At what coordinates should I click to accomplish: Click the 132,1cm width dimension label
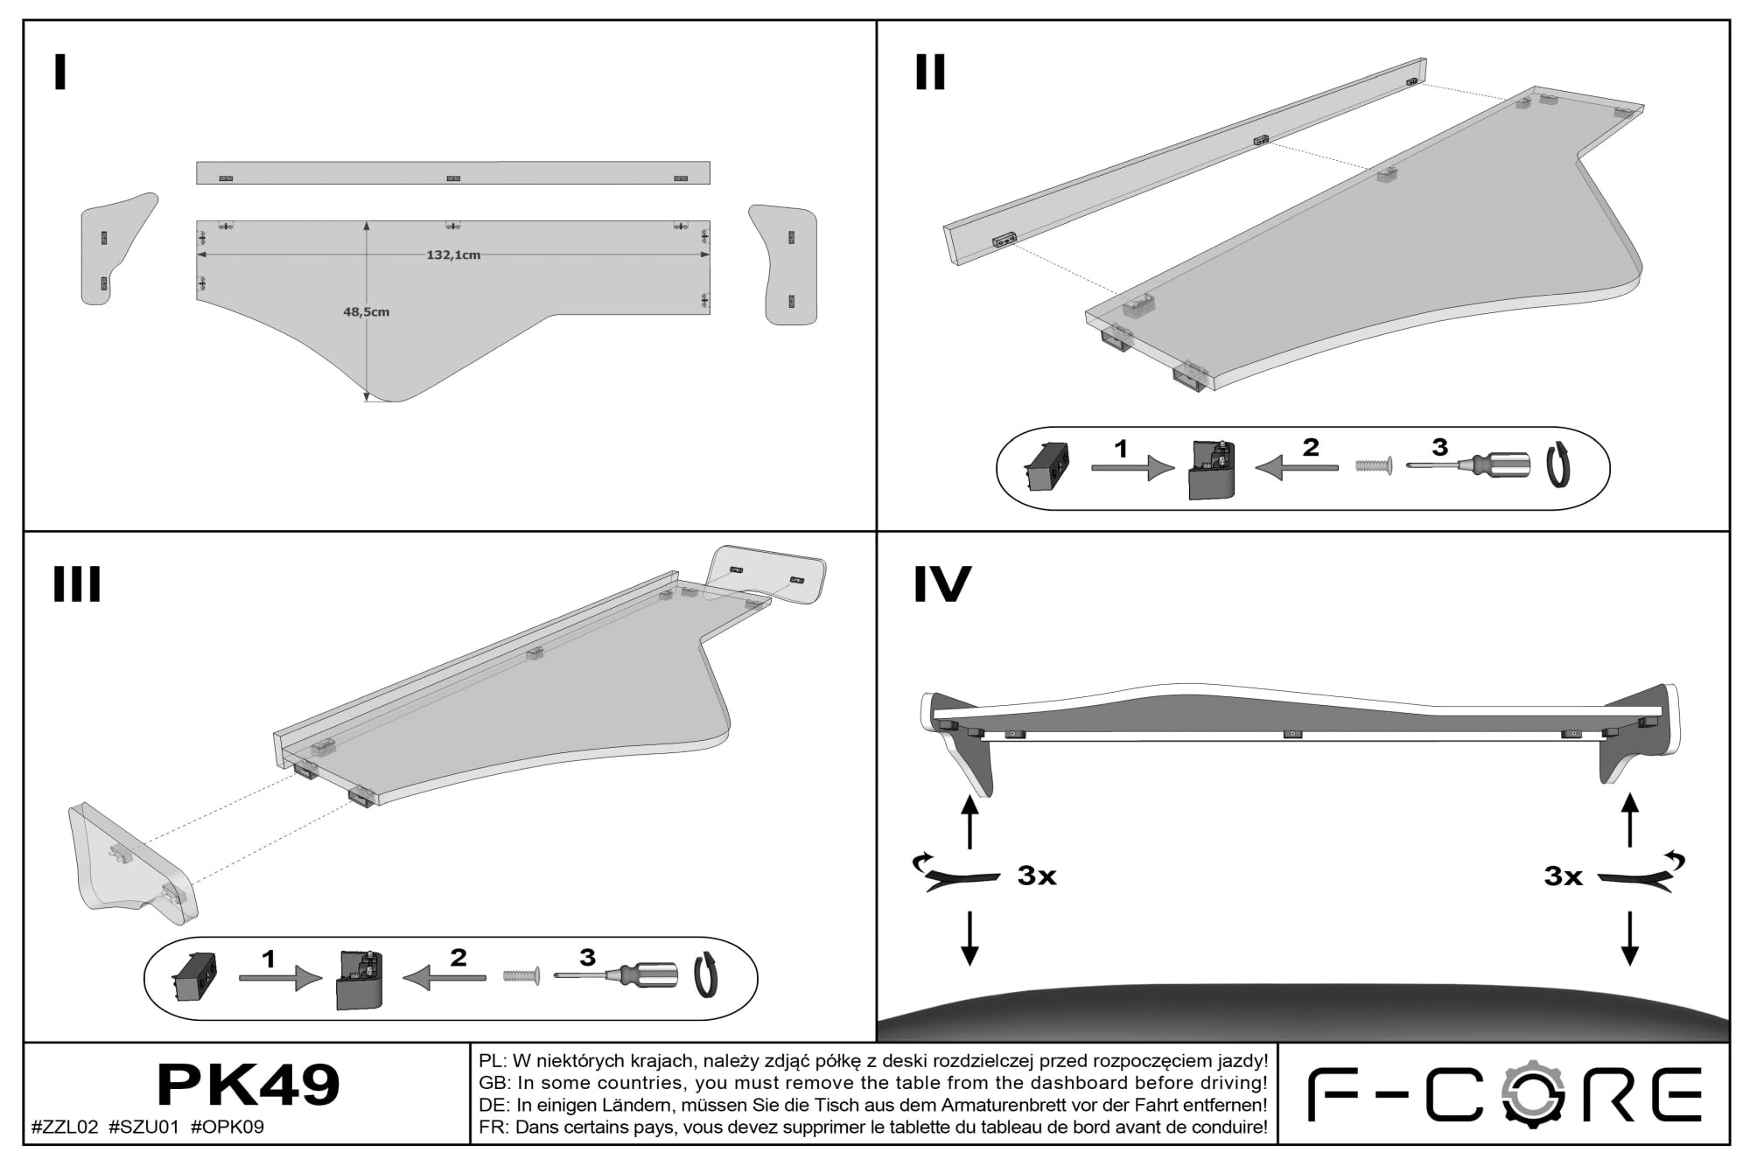pos(453,255)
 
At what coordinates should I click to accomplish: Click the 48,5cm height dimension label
pos(366,311)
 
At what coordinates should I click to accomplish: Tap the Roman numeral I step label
pos(60,73)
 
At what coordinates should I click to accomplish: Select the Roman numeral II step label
pos(930,73)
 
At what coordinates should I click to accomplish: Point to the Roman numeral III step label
pos(77,584)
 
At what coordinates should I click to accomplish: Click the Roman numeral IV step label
pos(942,584)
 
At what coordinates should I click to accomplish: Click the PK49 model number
pos(248,1086)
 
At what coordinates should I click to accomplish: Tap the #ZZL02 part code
pos(65,1128)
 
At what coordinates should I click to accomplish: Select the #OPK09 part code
pos(227,1128)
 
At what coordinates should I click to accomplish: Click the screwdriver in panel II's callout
pos(1468,465)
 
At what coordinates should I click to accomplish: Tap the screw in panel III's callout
pos(521,974)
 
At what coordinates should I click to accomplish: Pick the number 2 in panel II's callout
pos(1310,447)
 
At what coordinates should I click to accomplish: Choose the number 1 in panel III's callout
pos(269,960)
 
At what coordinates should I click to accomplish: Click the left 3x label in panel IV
pos(1037,876)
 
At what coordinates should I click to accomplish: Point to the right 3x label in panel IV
pos(1564,876)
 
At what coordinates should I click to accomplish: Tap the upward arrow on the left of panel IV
pos(969,821)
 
